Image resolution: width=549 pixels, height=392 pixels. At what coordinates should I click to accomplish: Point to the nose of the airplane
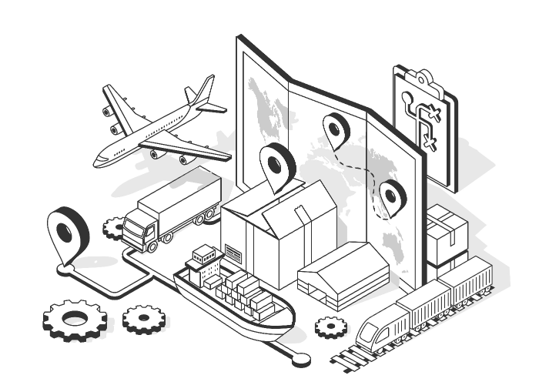tap(98, 161)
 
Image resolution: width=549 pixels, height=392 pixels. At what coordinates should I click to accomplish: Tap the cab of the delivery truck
tap(139, 229)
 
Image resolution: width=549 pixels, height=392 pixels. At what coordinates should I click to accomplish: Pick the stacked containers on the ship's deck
tap(246, 293)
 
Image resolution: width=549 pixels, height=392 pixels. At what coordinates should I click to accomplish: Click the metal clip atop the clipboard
tap(423, 77)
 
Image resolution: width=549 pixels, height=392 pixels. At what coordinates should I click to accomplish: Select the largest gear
tap(72, 319)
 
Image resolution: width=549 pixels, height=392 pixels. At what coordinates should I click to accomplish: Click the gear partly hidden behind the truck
tap(114, 227)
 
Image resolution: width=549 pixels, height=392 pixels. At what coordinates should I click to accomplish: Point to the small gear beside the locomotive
tap(331, 327)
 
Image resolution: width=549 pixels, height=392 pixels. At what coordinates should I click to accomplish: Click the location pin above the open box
tap(277, 163)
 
